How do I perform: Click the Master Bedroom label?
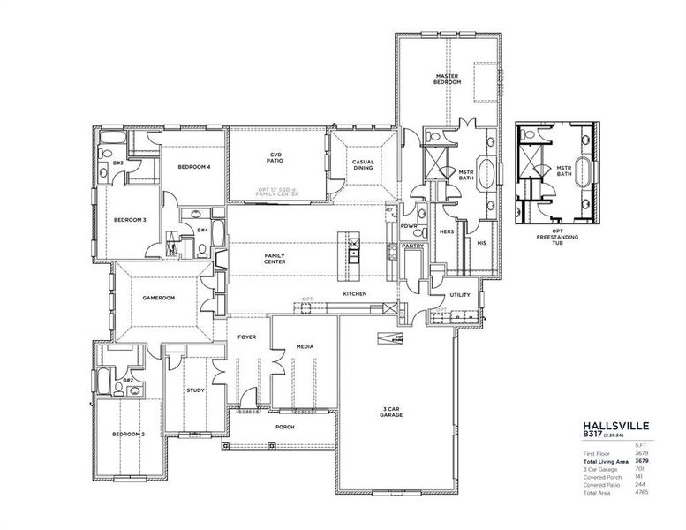tap(449, 79)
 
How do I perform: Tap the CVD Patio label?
tap(275, 159)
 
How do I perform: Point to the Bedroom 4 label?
tap(193, 167)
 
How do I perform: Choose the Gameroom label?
tap(159, 298)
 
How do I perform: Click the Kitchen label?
tap(355, 293)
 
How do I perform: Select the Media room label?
tap(305, 347)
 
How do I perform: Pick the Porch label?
tap(284, 427)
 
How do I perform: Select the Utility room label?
tap(459, 294)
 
